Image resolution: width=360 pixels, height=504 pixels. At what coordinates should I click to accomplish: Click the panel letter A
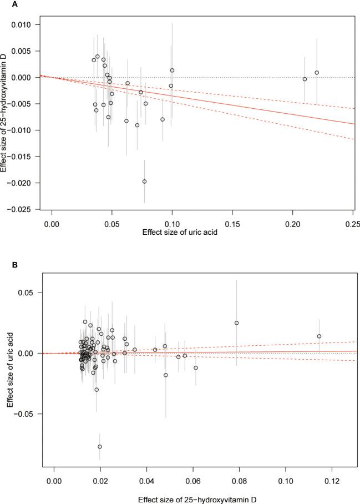click(4, 4)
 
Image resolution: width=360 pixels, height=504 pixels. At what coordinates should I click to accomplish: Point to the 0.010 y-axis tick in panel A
click(24, 24)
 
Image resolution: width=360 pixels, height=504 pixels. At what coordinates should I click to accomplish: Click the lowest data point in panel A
click(144, 182)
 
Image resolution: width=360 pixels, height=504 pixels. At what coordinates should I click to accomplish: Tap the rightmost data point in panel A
click(317, 73)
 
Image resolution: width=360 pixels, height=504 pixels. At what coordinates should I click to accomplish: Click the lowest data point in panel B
click(100, 446)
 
